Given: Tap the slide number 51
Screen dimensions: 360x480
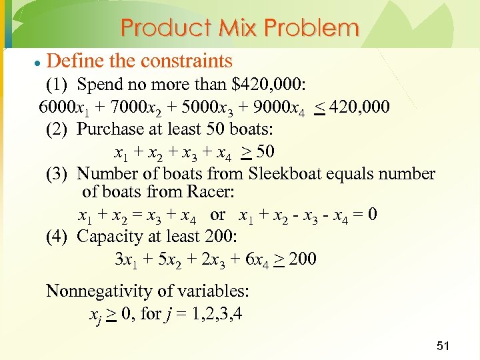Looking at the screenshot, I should [x=443, y=345].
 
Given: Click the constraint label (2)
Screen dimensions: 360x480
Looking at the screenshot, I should [x=57, y=129].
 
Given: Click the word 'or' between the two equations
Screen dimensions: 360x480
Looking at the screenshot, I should [x=217, y=215].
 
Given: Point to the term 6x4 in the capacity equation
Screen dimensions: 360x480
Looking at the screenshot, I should [x=258, y=259].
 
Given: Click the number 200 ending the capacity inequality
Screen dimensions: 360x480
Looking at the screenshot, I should [x=303, y=259].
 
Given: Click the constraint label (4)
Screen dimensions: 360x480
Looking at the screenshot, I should [x=57, y=237].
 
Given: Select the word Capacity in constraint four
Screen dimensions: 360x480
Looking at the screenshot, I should [x=110, y=237].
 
